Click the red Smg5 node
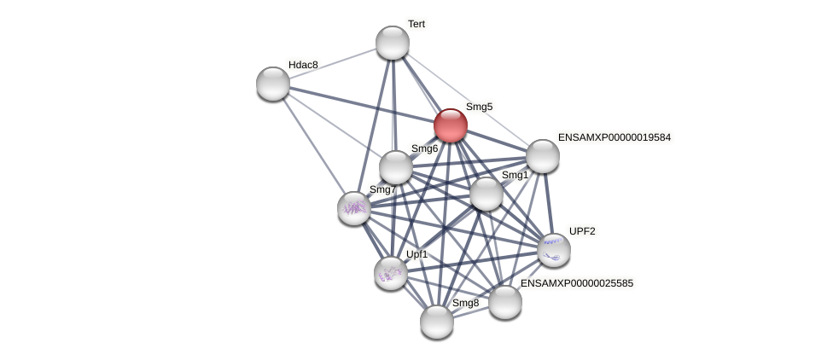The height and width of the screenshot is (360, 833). [x=450, y=125]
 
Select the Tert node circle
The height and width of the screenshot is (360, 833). [x=393, y=43]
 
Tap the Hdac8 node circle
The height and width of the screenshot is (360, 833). [x=273, y=84]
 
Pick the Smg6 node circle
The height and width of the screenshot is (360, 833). [x=396, y=167]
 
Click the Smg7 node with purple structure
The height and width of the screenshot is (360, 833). [x=354, y=208]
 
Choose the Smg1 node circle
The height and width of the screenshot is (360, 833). [x=486, y=194]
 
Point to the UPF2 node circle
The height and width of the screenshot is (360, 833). [x=554, y=250]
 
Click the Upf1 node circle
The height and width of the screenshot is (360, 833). [x=391, y=273]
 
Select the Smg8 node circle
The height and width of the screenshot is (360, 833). [x=437, y=322]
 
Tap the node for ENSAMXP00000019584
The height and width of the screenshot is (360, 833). [x=543, y=156]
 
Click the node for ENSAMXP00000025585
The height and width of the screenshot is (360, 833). [x=505, y=302]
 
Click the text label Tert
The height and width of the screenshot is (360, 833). [x=416, y=24]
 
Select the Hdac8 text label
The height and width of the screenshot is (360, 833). [x=303, y=65]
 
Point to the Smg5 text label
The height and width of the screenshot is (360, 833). [x=479, y=107]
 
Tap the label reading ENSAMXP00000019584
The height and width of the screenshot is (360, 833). [x=615, y=137]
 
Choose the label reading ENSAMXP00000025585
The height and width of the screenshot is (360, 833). [x=577, y=283]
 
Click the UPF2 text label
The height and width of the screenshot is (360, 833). [x=582, y=231]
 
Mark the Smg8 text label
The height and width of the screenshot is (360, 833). [x=465, y=303]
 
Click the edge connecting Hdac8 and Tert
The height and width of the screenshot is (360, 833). [x=333, y=63]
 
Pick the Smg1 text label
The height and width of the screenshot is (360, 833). [x=515, y=175]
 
